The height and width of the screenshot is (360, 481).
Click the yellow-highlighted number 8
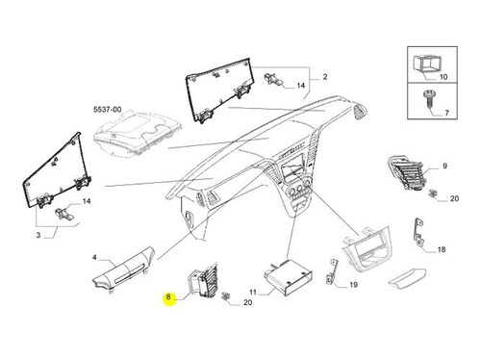pos(168,297)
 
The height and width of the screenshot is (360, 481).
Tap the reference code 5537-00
pos(108,110)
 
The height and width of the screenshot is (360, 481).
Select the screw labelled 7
pos(428,99)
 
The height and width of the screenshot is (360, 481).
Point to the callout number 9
pos(444,166)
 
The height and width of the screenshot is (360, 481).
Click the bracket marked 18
pos(418,232)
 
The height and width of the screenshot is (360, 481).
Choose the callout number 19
pos(353,285)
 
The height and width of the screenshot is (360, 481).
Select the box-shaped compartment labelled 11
pos(289,278)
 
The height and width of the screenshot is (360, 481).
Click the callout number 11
pos(253,293)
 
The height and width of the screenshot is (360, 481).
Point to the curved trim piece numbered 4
pos(123,269)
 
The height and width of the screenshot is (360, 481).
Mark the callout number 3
pos(38,235)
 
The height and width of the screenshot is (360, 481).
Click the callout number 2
pos(325,77)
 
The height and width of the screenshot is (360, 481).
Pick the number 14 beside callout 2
pos(300,86)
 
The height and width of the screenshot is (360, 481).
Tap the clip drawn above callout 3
pos(64,214)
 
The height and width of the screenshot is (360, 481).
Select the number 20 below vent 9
pos(454,198)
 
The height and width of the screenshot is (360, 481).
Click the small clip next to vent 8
pos(227,296)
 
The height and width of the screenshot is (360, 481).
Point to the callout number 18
pos(442,249)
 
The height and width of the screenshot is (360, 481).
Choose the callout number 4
pos(94,258)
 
